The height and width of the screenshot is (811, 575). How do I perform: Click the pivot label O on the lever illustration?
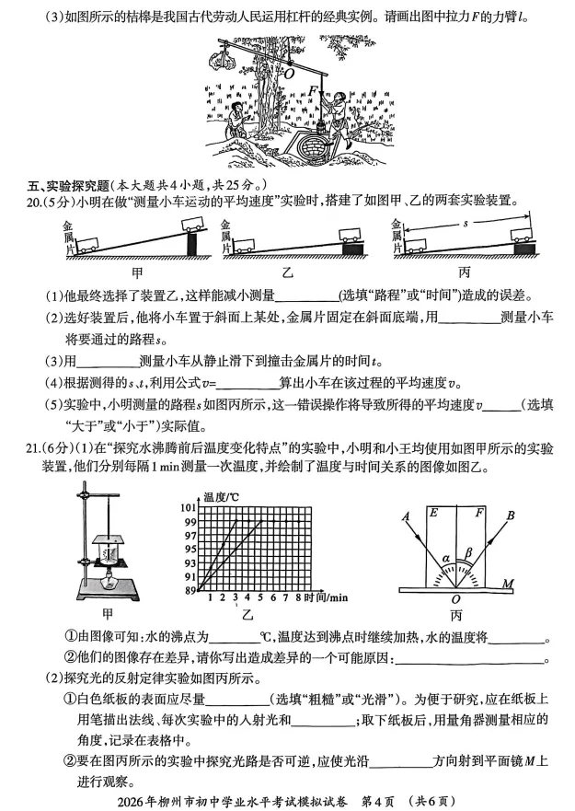[288, 71]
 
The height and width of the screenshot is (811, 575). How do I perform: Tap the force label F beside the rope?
[315, 90]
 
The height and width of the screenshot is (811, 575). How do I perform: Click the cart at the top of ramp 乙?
[351, 236]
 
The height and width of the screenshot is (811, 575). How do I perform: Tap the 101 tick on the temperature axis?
[190, 509]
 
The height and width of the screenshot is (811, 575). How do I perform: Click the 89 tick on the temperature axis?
[190, 590]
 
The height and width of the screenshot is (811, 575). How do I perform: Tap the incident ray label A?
[405, 516]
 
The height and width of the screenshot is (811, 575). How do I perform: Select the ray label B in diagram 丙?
[535, 516]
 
